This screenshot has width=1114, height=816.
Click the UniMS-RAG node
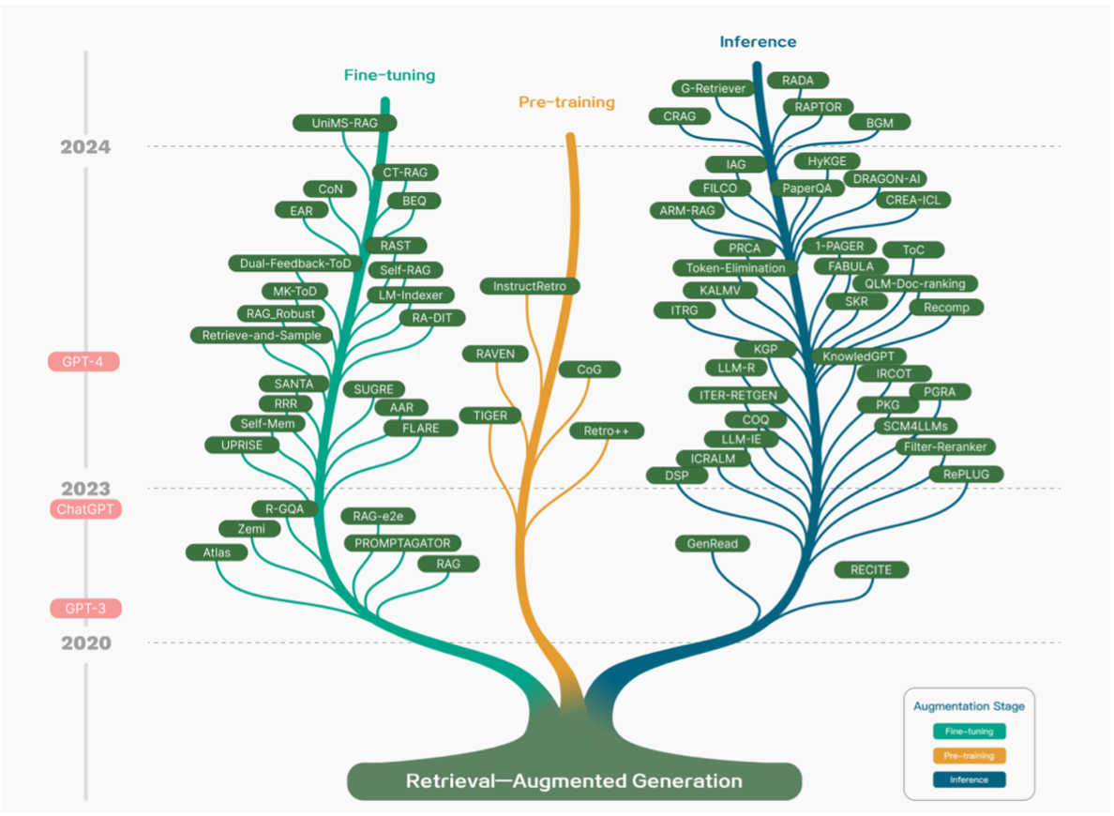(x=343, y=123)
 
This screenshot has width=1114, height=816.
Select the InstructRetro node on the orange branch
(x=530, y=285)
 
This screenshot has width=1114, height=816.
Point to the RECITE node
(x=871, y=569)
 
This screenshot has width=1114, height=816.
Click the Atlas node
(x=217, y=552)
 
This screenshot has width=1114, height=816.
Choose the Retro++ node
(x=607, y=431)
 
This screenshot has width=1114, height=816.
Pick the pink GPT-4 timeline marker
(x=84, y=361)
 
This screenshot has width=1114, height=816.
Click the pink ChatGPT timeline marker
(x=85, y=509)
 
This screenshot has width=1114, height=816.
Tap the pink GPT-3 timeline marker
(x=85, y=609)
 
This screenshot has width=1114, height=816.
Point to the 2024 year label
(x=85, y=147)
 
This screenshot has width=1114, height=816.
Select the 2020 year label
(x=85, y=643)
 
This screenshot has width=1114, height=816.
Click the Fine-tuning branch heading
(x=389, y=75)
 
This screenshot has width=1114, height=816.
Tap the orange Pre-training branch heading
(x=567, y=102)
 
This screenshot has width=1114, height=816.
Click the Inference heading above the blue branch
(x=758, y=41)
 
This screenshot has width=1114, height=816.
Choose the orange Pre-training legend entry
(x=970, y=755)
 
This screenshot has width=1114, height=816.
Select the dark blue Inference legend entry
(x=970, y=779)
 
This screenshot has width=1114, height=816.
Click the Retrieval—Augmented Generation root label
(x=574, y=780)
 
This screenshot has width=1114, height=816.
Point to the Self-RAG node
(x=405, y=270)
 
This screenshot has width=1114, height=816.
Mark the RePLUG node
(x=967, y=475)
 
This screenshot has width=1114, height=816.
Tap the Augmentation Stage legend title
(x=970, y=706)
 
